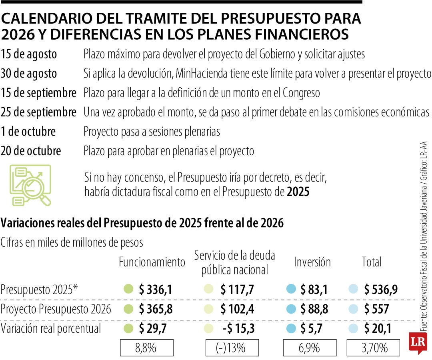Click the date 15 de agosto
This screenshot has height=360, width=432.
[29, 54]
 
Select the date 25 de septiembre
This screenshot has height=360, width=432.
[38, 113]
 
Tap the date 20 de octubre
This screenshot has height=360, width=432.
[31, 151]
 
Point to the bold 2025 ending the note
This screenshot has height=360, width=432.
[298, 192]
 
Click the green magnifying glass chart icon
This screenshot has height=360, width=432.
[31, 185]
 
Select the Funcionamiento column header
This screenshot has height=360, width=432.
[152, 262]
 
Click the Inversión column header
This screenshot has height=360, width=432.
[312, 262]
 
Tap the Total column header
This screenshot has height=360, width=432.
[372, 262]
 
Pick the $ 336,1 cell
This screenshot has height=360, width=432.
[156, 289]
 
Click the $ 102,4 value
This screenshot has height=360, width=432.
[237, 309]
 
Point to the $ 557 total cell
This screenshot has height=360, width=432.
[376, 309]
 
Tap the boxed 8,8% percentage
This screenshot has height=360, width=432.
[147, 348]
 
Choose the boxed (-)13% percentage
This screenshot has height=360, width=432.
[232, 348]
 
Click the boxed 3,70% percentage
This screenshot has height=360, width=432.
[374, 348]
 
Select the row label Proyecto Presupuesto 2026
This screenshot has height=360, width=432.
[56, 309]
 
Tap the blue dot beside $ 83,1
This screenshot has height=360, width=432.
[291, 289]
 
